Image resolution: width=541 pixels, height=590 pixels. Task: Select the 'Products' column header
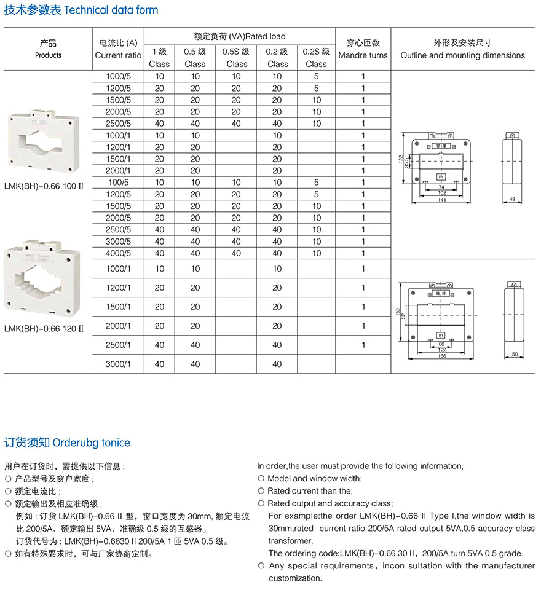pos(48,55)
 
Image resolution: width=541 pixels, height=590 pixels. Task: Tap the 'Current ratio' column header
pos(118,55)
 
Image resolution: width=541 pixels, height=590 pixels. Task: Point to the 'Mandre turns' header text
pos(363,55)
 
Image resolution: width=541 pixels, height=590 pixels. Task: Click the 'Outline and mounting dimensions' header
pos(462,55)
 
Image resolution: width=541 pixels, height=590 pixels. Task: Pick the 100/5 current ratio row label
pos(119,183)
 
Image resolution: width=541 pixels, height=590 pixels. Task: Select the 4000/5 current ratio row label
pos(119,253)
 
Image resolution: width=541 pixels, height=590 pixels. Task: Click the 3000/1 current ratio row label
pos(119,364)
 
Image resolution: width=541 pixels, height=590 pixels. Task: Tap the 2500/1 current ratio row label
pos(119,345)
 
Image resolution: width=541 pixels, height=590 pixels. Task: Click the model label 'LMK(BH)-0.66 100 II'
pos(43,185)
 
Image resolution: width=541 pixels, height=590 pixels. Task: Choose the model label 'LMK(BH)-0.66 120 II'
pos(43,328)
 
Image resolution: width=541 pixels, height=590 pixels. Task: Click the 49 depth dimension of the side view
pos(512,200)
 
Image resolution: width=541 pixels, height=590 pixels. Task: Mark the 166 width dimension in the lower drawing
pos(441,356)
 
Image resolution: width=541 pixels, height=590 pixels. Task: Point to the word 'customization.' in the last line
pos(295,578)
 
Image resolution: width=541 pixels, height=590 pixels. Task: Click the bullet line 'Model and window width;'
pos(314,478)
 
